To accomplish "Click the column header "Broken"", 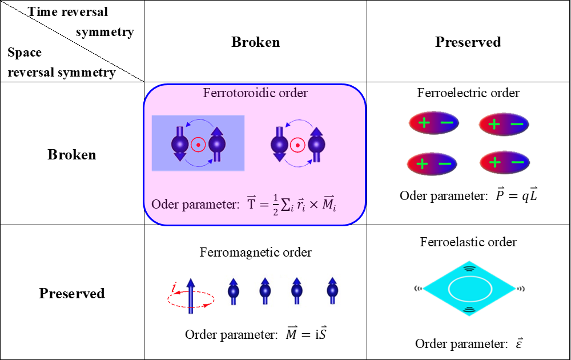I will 255,42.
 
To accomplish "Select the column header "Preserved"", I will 468,42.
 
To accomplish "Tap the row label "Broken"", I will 71,155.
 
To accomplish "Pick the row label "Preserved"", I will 71,293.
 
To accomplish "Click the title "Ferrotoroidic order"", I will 255,93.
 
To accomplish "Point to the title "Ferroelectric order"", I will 468,93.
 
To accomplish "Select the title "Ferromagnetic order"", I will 255,252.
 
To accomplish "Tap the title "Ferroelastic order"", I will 468,242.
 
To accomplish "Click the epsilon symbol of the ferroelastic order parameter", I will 519,343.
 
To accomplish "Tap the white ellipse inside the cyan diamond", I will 468,289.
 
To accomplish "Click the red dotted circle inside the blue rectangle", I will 198,145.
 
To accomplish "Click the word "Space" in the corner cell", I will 25,53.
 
